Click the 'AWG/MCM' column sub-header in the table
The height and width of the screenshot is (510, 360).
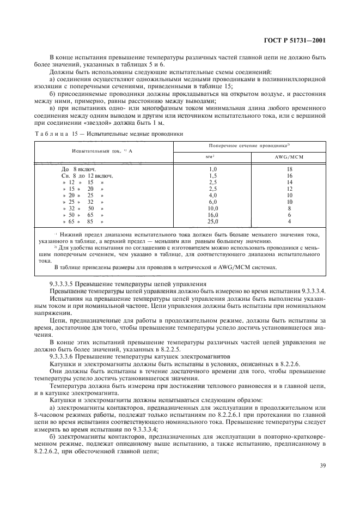click(x=289, y=157)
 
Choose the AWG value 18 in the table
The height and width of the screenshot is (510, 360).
click(x=289, y=169)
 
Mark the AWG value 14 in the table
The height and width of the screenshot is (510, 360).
click(x=289, y=183)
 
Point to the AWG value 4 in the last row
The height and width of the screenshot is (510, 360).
click(x=289, y=222)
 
